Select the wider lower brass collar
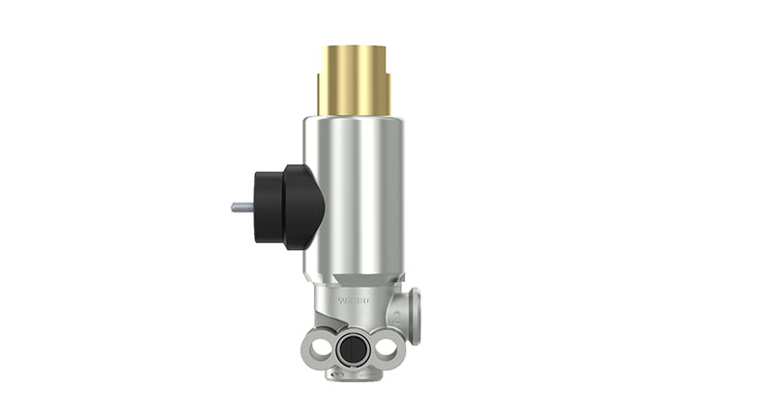point(354,97)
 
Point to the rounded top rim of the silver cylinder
point(354,122)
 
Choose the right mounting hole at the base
point(387,347)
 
